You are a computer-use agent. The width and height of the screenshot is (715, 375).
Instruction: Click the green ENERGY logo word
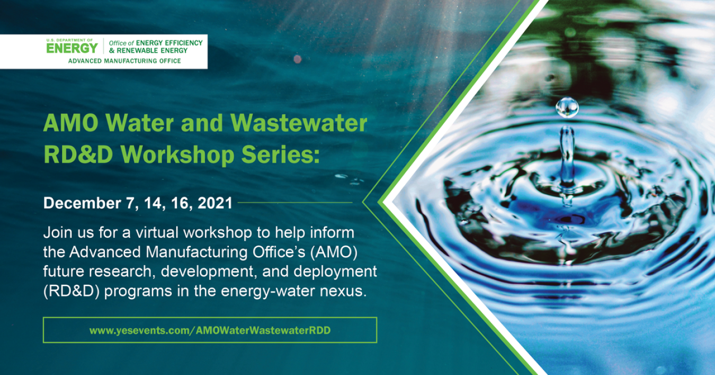click(x=72, y=48)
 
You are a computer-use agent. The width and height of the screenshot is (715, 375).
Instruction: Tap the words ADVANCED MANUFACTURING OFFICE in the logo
click(x=124, y=61)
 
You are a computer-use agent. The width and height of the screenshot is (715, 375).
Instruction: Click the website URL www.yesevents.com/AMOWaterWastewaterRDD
click(x=210, y=330)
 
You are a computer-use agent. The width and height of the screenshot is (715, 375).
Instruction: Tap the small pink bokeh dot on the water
click(x=298, y=58)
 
